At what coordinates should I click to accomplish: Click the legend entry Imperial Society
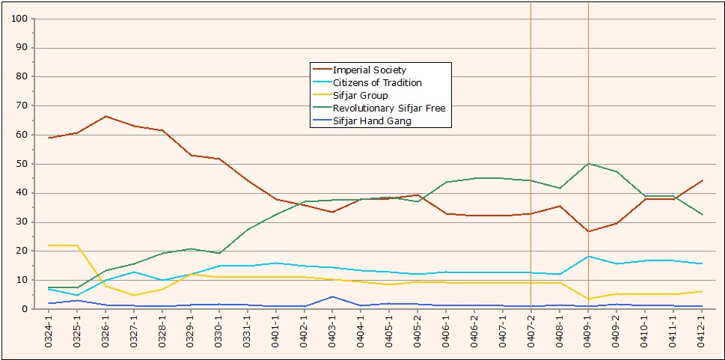point(369,70)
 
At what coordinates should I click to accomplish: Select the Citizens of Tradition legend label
point(377,83)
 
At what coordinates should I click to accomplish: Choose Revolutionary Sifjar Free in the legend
point(389,109)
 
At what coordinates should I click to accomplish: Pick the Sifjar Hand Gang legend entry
point(372,121)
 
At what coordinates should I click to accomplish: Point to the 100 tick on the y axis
point(20,19)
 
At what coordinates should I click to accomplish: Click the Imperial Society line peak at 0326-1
point(105,116)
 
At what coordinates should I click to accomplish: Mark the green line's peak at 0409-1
point(589,163)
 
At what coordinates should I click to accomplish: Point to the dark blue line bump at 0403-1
point(333,296)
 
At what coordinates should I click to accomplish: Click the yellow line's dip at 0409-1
point(589,299)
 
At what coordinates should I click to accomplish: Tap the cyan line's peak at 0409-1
point(589,257)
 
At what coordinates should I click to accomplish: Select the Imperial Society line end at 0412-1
point(703,180)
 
